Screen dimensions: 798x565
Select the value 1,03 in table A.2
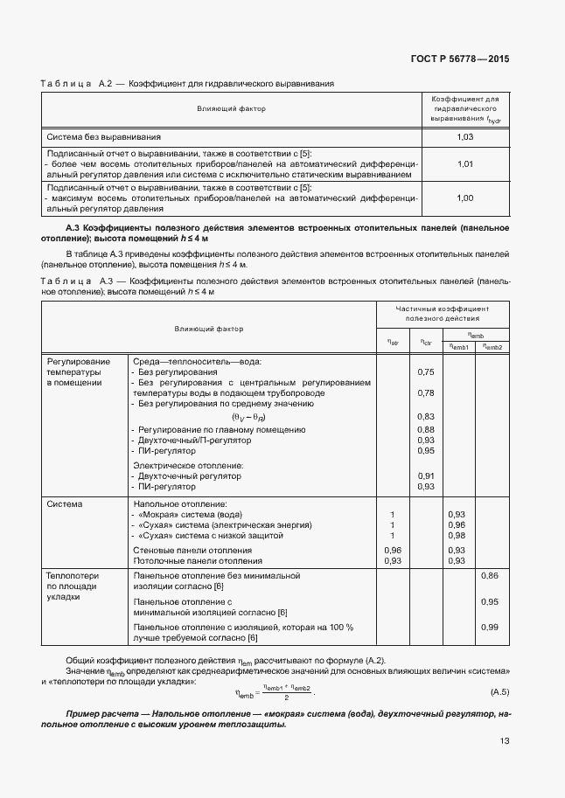(x=465, y=137)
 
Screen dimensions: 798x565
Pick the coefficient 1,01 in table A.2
(x=465, y=163)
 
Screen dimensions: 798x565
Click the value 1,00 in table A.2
(x=465, y=198)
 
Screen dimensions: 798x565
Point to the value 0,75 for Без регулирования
(x=426, y=372)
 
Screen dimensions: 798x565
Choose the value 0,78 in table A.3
(x=426, y=393)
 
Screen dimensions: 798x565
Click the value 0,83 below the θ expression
(x=426, y=416)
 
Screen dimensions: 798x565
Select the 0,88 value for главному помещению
(x=426, y=429)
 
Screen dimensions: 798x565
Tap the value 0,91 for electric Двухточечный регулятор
(x=426, y=475)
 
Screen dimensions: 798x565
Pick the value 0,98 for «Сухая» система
(x=457, y=535)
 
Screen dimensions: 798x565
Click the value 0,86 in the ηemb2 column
(x=490, y=576)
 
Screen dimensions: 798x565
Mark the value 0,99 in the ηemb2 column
(x=490, y=628)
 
